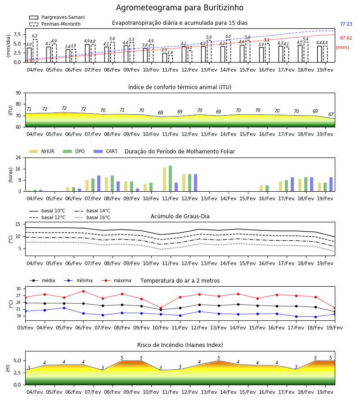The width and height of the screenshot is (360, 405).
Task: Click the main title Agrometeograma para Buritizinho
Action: pyautogui.click(x=180, y=8)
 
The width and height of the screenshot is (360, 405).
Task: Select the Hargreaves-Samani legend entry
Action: pyautogui.click(x=57, y=17)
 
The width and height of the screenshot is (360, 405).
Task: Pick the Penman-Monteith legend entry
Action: pyautogui.click(x=55, y=24)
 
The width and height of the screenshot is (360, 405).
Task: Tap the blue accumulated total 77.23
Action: pyautogui.click(x=346, y=24)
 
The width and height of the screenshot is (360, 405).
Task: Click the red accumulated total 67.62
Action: pyautogui.click(x=346, y=38)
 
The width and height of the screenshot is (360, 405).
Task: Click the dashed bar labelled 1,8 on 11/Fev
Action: pyautogui.click(x=171, y=59)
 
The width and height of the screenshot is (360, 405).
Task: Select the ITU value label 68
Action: pyautogui.click(x=160, y=112)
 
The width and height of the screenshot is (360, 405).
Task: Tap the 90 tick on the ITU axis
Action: pyautogui.click(x=18, y=93)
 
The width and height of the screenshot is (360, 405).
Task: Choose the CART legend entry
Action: pyautogui.click(x=105, y=151)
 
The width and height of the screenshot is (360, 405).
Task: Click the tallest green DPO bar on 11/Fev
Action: pyautogui.click(x=171, y=179)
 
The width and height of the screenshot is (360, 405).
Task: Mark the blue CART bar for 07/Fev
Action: pyautogui.click(x=99, y=184)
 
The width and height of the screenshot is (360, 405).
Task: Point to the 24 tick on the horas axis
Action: pyautogui.click(x=18, y=157)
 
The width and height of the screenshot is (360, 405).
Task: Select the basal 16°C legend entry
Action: pyautogui.click(x=92, y=217)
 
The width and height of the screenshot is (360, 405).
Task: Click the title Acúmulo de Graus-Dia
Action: pyautogui.click(x=180, y=216)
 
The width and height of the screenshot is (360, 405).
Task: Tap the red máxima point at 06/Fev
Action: pyautogui.click(x=83, y=291)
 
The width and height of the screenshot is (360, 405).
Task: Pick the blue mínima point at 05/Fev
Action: pyautogui.click(x=64, y=308)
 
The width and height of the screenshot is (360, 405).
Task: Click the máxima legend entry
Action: pyautogui.click(x=116, y=280)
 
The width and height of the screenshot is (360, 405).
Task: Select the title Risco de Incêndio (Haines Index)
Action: pyautogui.click(x=180, y=345)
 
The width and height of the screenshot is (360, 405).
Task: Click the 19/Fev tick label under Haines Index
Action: pyautogui.click(x=325, y=392)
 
